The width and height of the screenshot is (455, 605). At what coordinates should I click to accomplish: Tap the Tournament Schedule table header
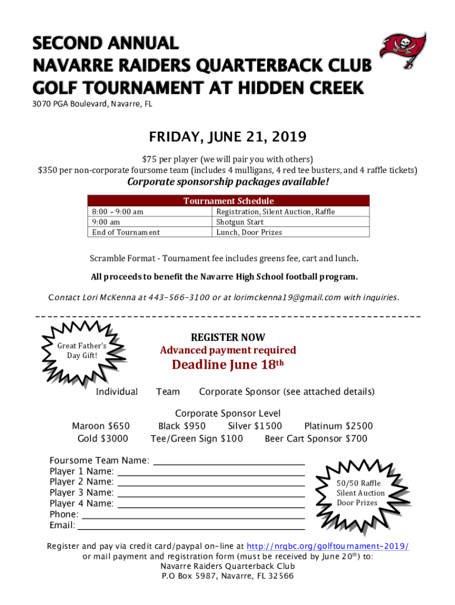228,201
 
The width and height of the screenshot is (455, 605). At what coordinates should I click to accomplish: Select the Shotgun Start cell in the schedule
240,222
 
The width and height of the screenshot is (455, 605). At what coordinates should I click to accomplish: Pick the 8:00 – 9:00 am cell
118,212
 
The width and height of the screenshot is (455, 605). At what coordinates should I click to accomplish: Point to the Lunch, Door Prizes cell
249,232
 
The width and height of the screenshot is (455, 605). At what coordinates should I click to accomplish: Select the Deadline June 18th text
227,365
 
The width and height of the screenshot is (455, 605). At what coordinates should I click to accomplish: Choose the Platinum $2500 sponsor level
338,426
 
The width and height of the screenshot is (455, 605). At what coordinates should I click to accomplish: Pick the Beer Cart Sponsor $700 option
316,438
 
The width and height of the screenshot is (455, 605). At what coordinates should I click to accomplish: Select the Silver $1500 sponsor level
255,426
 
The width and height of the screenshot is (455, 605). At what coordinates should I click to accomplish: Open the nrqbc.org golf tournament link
327,547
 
